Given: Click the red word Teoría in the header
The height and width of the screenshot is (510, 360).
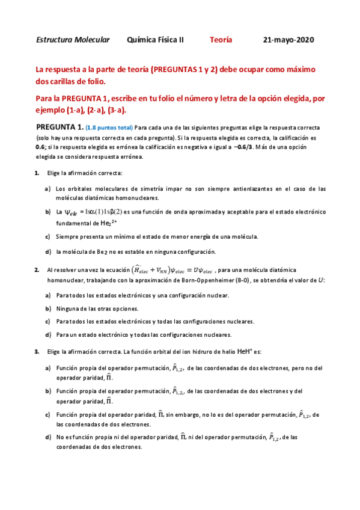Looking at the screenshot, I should coord(221,40).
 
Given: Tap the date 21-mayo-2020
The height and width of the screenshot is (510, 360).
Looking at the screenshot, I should coord(288,40).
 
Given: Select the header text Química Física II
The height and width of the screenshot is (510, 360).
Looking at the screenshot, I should coord(156,40).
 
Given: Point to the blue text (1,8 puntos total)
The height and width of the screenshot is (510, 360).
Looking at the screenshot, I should coord(109,128).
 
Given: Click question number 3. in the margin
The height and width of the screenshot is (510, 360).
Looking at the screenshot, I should coord(37,351).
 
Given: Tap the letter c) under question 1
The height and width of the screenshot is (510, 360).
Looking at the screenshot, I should coord(47,237).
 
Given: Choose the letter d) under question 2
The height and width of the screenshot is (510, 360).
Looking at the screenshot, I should coord(47,334).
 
